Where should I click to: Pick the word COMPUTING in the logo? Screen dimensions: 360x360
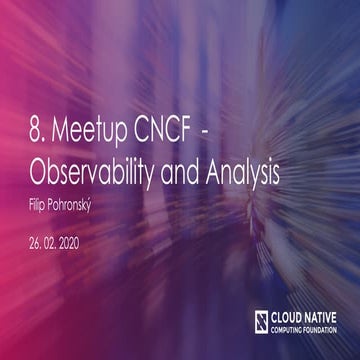click(289, 327)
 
